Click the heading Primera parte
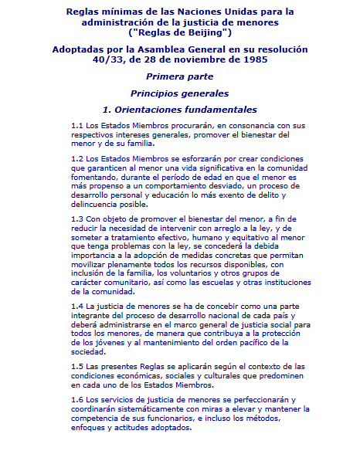click(180, 76)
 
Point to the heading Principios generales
click(180, 93)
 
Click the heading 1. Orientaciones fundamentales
click(180, 110)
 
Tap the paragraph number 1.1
click(76, 125)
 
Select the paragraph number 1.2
click(76, 158)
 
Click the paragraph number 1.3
click(76, 219)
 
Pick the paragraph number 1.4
click(76, 307)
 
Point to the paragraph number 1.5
click(76, 366)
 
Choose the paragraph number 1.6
click(76, 399)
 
